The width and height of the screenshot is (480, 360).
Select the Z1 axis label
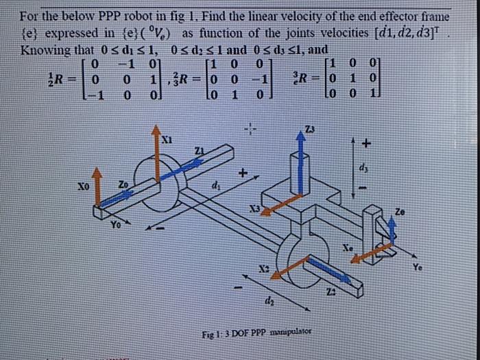[x=200, y=150]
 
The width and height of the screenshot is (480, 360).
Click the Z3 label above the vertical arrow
[x=311, y=130]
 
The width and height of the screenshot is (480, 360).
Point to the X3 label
[x=254, y=208]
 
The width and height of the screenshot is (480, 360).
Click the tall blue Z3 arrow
[x=298, y=165]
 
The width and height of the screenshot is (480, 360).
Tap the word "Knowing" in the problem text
[x=45, y=50]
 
